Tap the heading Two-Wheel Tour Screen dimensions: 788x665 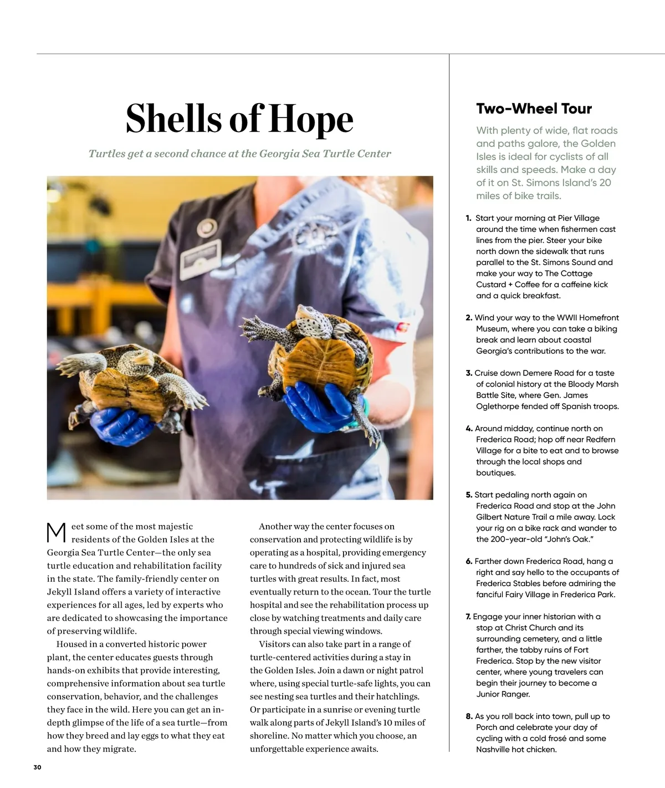pyautogui.click(x=534, y=109)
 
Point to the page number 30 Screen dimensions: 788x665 pyautogui.click(x=37, y=767)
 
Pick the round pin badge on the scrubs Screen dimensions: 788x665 pyautogui.click(x=206, y=226)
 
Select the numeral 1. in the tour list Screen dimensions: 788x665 pyautogui.click(x=468, y=218)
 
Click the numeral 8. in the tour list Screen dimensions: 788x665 pyautogui.click(x=469, y=716)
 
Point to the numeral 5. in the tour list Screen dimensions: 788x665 pyautogui.click(x=469, y=495)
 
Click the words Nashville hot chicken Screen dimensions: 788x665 pyautogui.click(x=516, y=750)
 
